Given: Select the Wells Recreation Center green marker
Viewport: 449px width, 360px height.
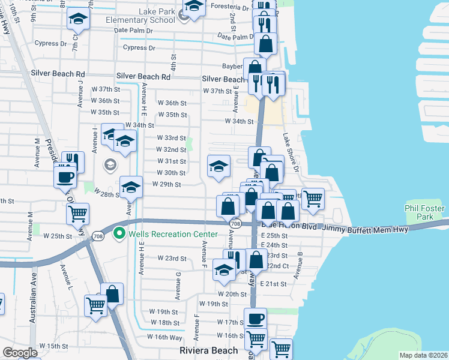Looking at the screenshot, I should tap(119, 232).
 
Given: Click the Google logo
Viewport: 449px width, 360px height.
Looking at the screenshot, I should tap(20, 353).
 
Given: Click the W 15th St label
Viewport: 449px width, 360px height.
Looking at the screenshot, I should tap(53, 346).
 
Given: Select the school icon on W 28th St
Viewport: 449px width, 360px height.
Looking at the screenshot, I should tap(130, 187).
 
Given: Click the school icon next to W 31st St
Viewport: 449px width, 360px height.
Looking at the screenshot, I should tap(218, 166).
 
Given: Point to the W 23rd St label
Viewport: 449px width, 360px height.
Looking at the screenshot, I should tap(172, 257).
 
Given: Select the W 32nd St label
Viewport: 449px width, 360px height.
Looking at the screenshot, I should tap(171, 149).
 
